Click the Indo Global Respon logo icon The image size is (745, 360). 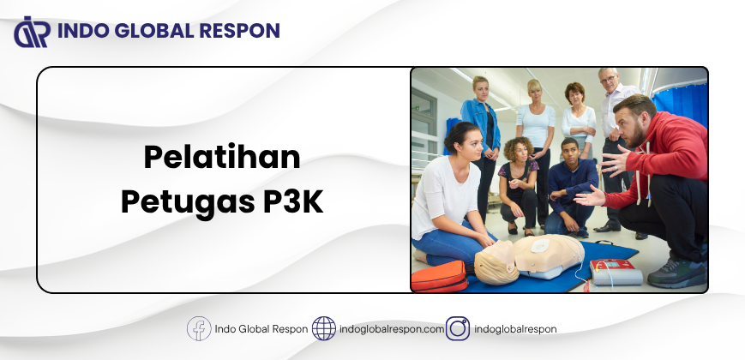point(32,32)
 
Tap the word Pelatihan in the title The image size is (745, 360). point(222,157)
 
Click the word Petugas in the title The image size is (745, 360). point(188,203)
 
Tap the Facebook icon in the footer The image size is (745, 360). point(199,328)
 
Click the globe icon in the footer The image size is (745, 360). point(324,328)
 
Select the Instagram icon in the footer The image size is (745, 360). point(458,328)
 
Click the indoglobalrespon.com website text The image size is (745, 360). point(392,329)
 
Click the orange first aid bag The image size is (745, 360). point(440,276)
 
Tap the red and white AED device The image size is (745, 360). point(616,272)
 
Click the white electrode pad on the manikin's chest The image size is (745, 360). point(540,245)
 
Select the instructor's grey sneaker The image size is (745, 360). point(676,274)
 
